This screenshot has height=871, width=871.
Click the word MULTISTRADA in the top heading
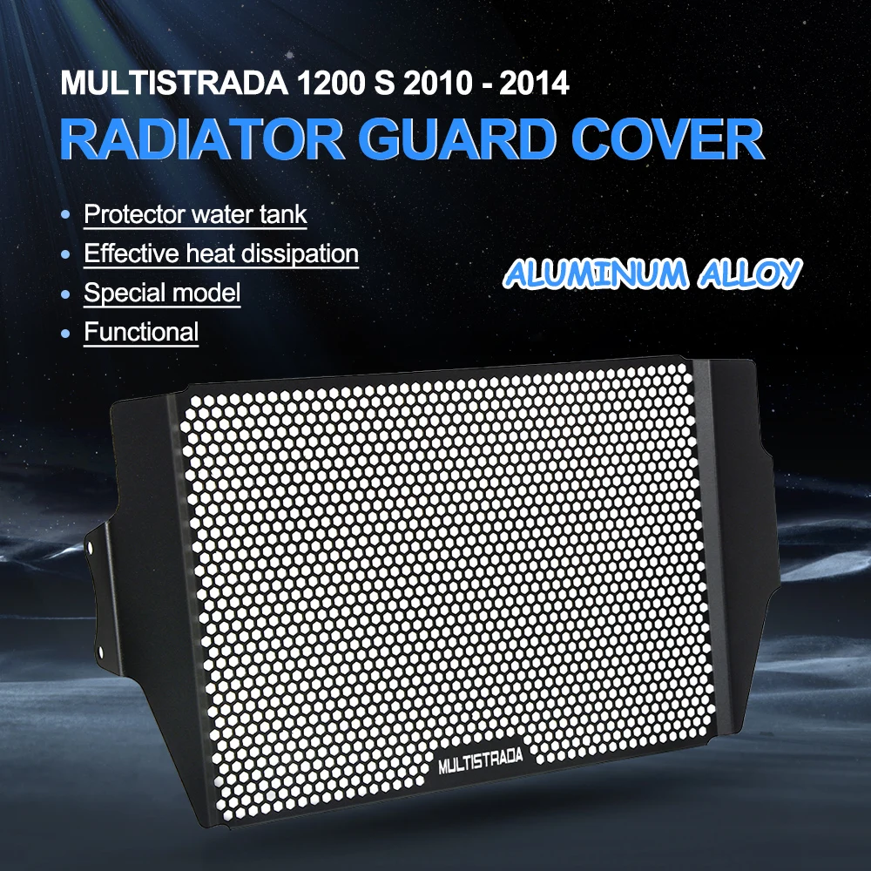[x=174, y=84]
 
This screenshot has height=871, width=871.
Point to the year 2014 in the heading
[x=534, y=84]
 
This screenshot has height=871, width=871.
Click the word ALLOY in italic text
[x=750, y=273]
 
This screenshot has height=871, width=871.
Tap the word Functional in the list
[x=141, y=332]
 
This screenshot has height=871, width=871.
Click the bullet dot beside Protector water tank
[x=65, y=214]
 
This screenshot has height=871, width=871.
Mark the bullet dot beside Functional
[x=65, y=333]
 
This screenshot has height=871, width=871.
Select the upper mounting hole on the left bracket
[x=90, y=548]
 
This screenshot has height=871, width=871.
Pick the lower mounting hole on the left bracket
[x=100, y=651]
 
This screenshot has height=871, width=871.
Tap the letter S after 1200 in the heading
[x=383, y=84]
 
